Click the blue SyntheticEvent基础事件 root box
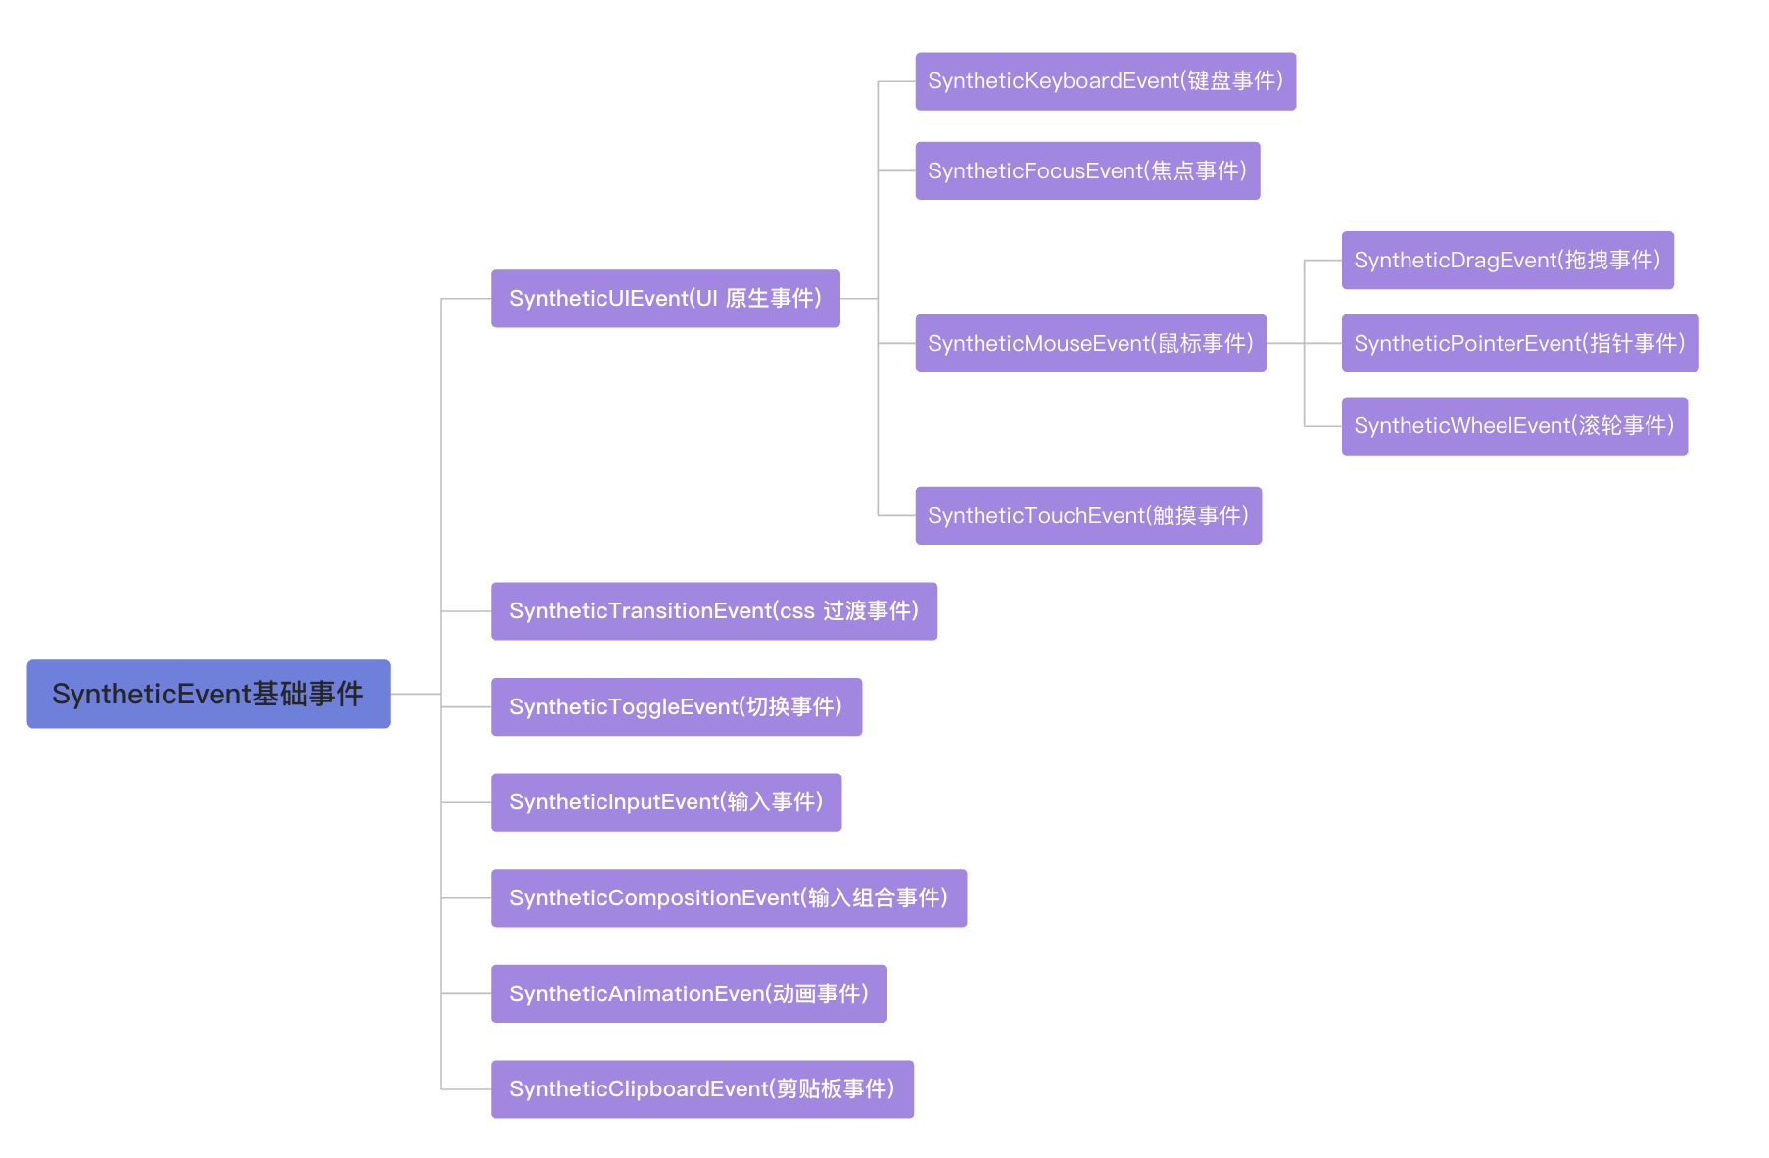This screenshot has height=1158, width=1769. [x=208, y=694]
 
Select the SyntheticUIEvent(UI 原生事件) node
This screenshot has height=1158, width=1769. [x=665, y=299]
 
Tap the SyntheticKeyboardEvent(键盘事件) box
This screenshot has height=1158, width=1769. [x=1105, y=81]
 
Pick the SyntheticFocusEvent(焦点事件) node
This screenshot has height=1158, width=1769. [x=1087, y=171]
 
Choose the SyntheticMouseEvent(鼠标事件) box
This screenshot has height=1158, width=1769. [x=1090, y=344]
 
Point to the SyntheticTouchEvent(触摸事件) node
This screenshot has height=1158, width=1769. [x=1088, y=516]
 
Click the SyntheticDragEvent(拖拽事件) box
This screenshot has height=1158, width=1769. [x=1506, y=261]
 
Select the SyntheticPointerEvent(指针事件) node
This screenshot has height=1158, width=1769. [x=1519, y=344]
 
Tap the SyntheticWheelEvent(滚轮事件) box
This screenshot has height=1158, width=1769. [x=1514, y=426]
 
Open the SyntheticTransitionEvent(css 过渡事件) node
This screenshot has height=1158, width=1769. [x=713, y=611]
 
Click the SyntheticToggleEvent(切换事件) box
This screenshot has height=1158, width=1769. [x=676, y=707]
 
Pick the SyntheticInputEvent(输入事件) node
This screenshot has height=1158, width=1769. [x=666, y=802]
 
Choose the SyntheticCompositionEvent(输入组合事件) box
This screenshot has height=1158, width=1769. [x=728, y=898]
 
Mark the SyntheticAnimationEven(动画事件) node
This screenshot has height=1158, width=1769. [x=689, y=994]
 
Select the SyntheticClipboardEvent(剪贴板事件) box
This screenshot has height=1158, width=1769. [x=701, y=1089]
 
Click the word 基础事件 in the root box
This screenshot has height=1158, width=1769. [x=308, y=694]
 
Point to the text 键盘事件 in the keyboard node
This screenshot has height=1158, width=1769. [x=1231, y=81]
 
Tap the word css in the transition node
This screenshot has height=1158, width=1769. [x=796, y=611]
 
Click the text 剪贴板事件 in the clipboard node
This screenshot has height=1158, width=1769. [x=832, y=1089]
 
